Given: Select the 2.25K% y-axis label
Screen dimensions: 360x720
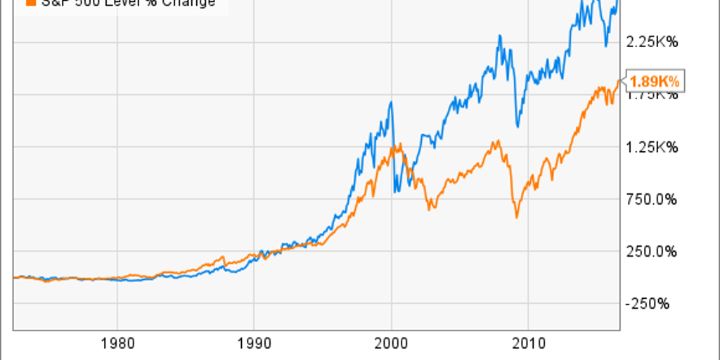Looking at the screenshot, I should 653,43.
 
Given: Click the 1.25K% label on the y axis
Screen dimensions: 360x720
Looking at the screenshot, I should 653,148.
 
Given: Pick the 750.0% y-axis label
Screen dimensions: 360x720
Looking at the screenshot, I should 653,200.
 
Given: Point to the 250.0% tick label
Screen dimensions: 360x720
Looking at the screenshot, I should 653,252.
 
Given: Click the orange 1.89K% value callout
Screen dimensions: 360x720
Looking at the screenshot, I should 654,82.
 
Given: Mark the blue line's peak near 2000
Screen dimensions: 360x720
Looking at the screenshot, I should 390,103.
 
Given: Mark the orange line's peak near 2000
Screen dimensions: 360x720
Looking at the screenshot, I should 399,144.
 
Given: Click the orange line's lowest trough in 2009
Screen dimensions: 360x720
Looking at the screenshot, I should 517,217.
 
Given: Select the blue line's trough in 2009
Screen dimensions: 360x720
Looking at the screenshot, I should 517,127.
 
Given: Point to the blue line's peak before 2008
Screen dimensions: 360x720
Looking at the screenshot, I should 499,35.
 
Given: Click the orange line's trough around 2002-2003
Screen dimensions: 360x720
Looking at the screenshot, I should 430,210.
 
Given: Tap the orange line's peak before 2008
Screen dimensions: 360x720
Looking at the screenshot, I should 498,141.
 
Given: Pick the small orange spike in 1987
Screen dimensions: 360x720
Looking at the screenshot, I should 222,257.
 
